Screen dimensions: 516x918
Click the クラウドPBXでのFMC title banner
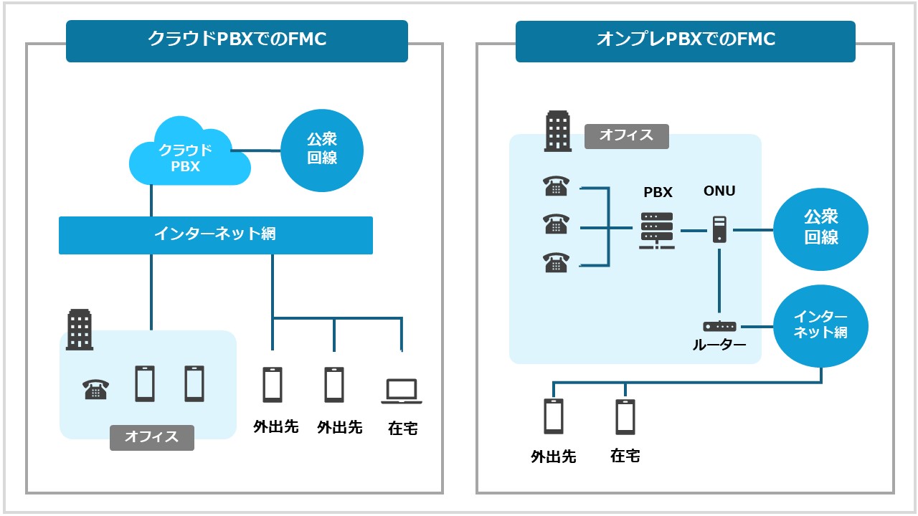[237, 41]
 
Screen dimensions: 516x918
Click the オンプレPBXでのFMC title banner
[685, 41]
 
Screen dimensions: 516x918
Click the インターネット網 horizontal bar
[215, 234]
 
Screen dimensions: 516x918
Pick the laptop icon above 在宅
[402, 391]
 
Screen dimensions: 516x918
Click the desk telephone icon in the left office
[95, 389]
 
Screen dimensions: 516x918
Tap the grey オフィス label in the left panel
[151, 436]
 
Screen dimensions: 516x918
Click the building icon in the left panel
[80, 330]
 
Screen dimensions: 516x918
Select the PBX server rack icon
[656, 231]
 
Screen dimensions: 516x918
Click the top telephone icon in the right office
[556, 186]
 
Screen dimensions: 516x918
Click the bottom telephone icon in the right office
[556, 263]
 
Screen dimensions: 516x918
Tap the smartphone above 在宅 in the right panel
[625, 416]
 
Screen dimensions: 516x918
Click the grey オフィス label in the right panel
[626, 135]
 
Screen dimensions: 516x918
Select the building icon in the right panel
[558, 131]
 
